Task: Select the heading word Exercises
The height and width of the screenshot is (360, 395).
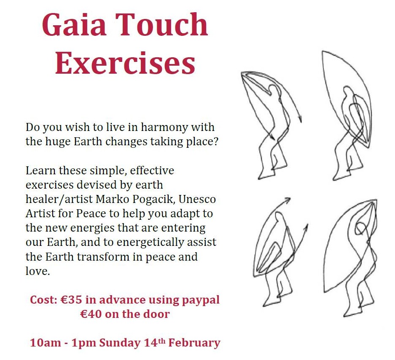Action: pyautogui.click(x=125, y=62)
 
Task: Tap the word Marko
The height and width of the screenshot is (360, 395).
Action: pyautogui.click(x=113, y=199)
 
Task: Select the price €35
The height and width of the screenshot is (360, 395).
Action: pyautogui.click(x=71, y=300)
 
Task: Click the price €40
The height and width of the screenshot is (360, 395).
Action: pyautogui.click(x=91, y=314)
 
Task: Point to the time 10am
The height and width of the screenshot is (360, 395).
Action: pyautogui.click(x=46, y=343)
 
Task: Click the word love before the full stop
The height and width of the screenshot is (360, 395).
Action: pyautogui.click(x=36, y=271)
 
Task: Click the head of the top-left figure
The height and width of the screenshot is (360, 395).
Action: pyautogui.click(x=273, y=90)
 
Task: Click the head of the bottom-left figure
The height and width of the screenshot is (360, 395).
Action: pyautogui.click(x=279, y=217)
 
